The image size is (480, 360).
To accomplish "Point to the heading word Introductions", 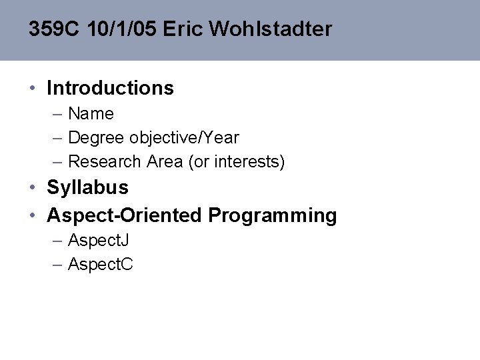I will pos(110,88).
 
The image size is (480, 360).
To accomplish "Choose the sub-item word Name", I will pos(91,114).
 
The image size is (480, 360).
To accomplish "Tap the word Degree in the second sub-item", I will pos(95,138).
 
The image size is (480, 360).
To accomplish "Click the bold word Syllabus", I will pos(87,188).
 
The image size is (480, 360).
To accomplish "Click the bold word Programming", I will pos(273,215).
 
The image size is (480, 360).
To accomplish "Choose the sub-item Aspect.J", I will pos(99,241).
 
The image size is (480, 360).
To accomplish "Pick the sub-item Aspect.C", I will pos(101,265).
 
